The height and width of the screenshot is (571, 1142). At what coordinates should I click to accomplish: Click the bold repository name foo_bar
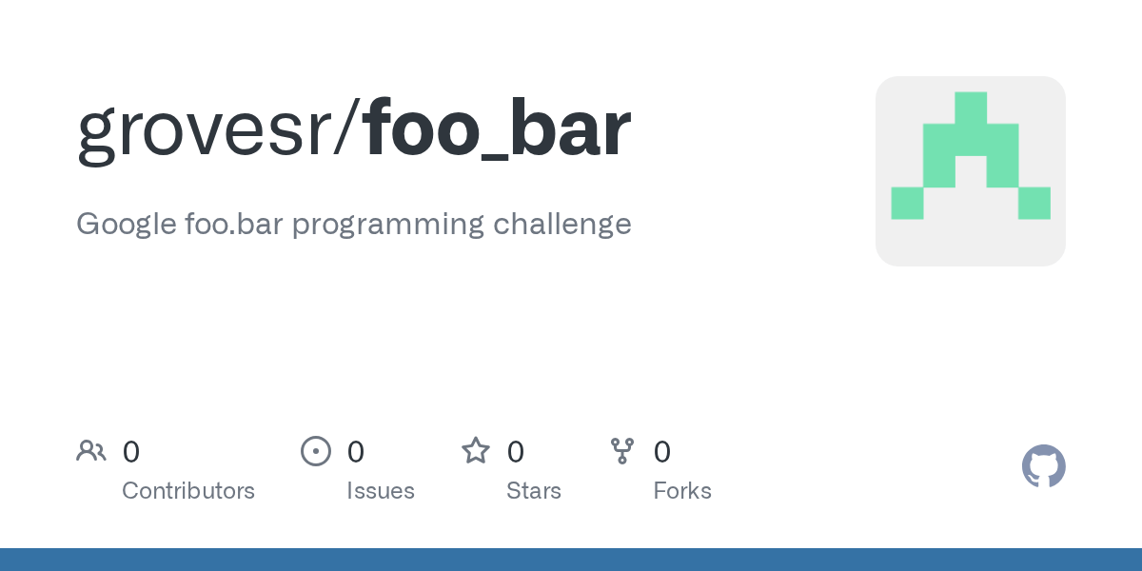496,129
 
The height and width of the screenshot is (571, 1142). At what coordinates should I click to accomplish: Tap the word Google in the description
127,225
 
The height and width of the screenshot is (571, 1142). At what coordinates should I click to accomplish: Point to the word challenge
562,225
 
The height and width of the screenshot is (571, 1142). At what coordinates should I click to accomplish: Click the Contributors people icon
91,451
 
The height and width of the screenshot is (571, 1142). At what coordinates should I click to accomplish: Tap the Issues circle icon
316,451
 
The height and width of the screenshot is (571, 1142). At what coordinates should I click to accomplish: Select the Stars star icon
476,451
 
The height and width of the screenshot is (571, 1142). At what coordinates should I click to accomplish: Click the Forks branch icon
622,451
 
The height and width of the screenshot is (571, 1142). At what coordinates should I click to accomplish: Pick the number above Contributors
131,452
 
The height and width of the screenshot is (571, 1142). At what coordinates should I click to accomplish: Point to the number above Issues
355,452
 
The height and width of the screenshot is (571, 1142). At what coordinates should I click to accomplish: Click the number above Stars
515,452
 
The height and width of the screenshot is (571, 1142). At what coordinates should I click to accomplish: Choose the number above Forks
662,452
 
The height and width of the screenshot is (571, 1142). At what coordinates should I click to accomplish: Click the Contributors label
188,491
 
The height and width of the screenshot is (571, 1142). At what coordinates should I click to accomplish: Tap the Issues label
381,491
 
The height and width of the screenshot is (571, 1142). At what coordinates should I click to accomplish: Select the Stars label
534,491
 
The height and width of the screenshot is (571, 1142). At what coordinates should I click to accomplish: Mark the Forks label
682,491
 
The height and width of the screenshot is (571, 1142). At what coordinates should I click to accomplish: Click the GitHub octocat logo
1044,466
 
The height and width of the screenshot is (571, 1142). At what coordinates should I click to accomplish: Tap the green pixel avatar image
971,171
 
